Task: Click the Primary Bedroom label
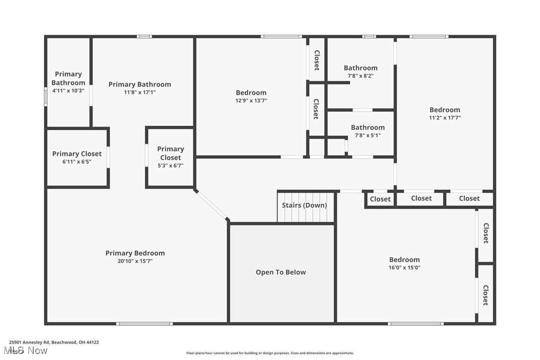(x=135, y=253)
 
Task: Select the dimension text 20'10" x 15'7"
(x=135, y=261)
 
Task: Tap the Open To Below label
(x=280, y=272)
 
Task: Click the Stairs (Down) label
(x=304, y=205)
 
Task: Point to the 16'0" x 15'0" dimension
(x=404, y=268)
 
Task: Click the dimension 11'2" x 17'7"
(x=445, y=118)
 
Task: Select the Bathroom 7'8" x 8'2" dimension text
(x=360, y=76)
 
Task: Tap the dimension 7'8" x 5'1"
(x=367, y=135)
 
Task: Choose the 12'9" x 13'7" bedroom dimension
(x=251, y=100)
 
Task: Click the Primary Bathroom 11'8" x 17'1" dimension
(x=139, y=92)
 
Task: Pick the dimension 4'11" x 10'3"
(x=68, y=90)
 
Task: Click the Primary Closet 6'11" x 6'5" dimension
(x=77, y=162)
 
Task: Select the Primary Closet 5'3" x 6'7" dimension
(x=171, y=166)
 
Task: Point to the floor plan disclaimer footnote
(x=270, y=353)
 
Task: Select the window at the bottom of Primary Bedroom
(x=144, y=324)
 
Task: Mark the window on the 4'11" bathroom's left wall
(x=45, y=96)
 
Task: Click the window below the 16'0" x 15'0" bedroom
(x=415, y=324)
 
